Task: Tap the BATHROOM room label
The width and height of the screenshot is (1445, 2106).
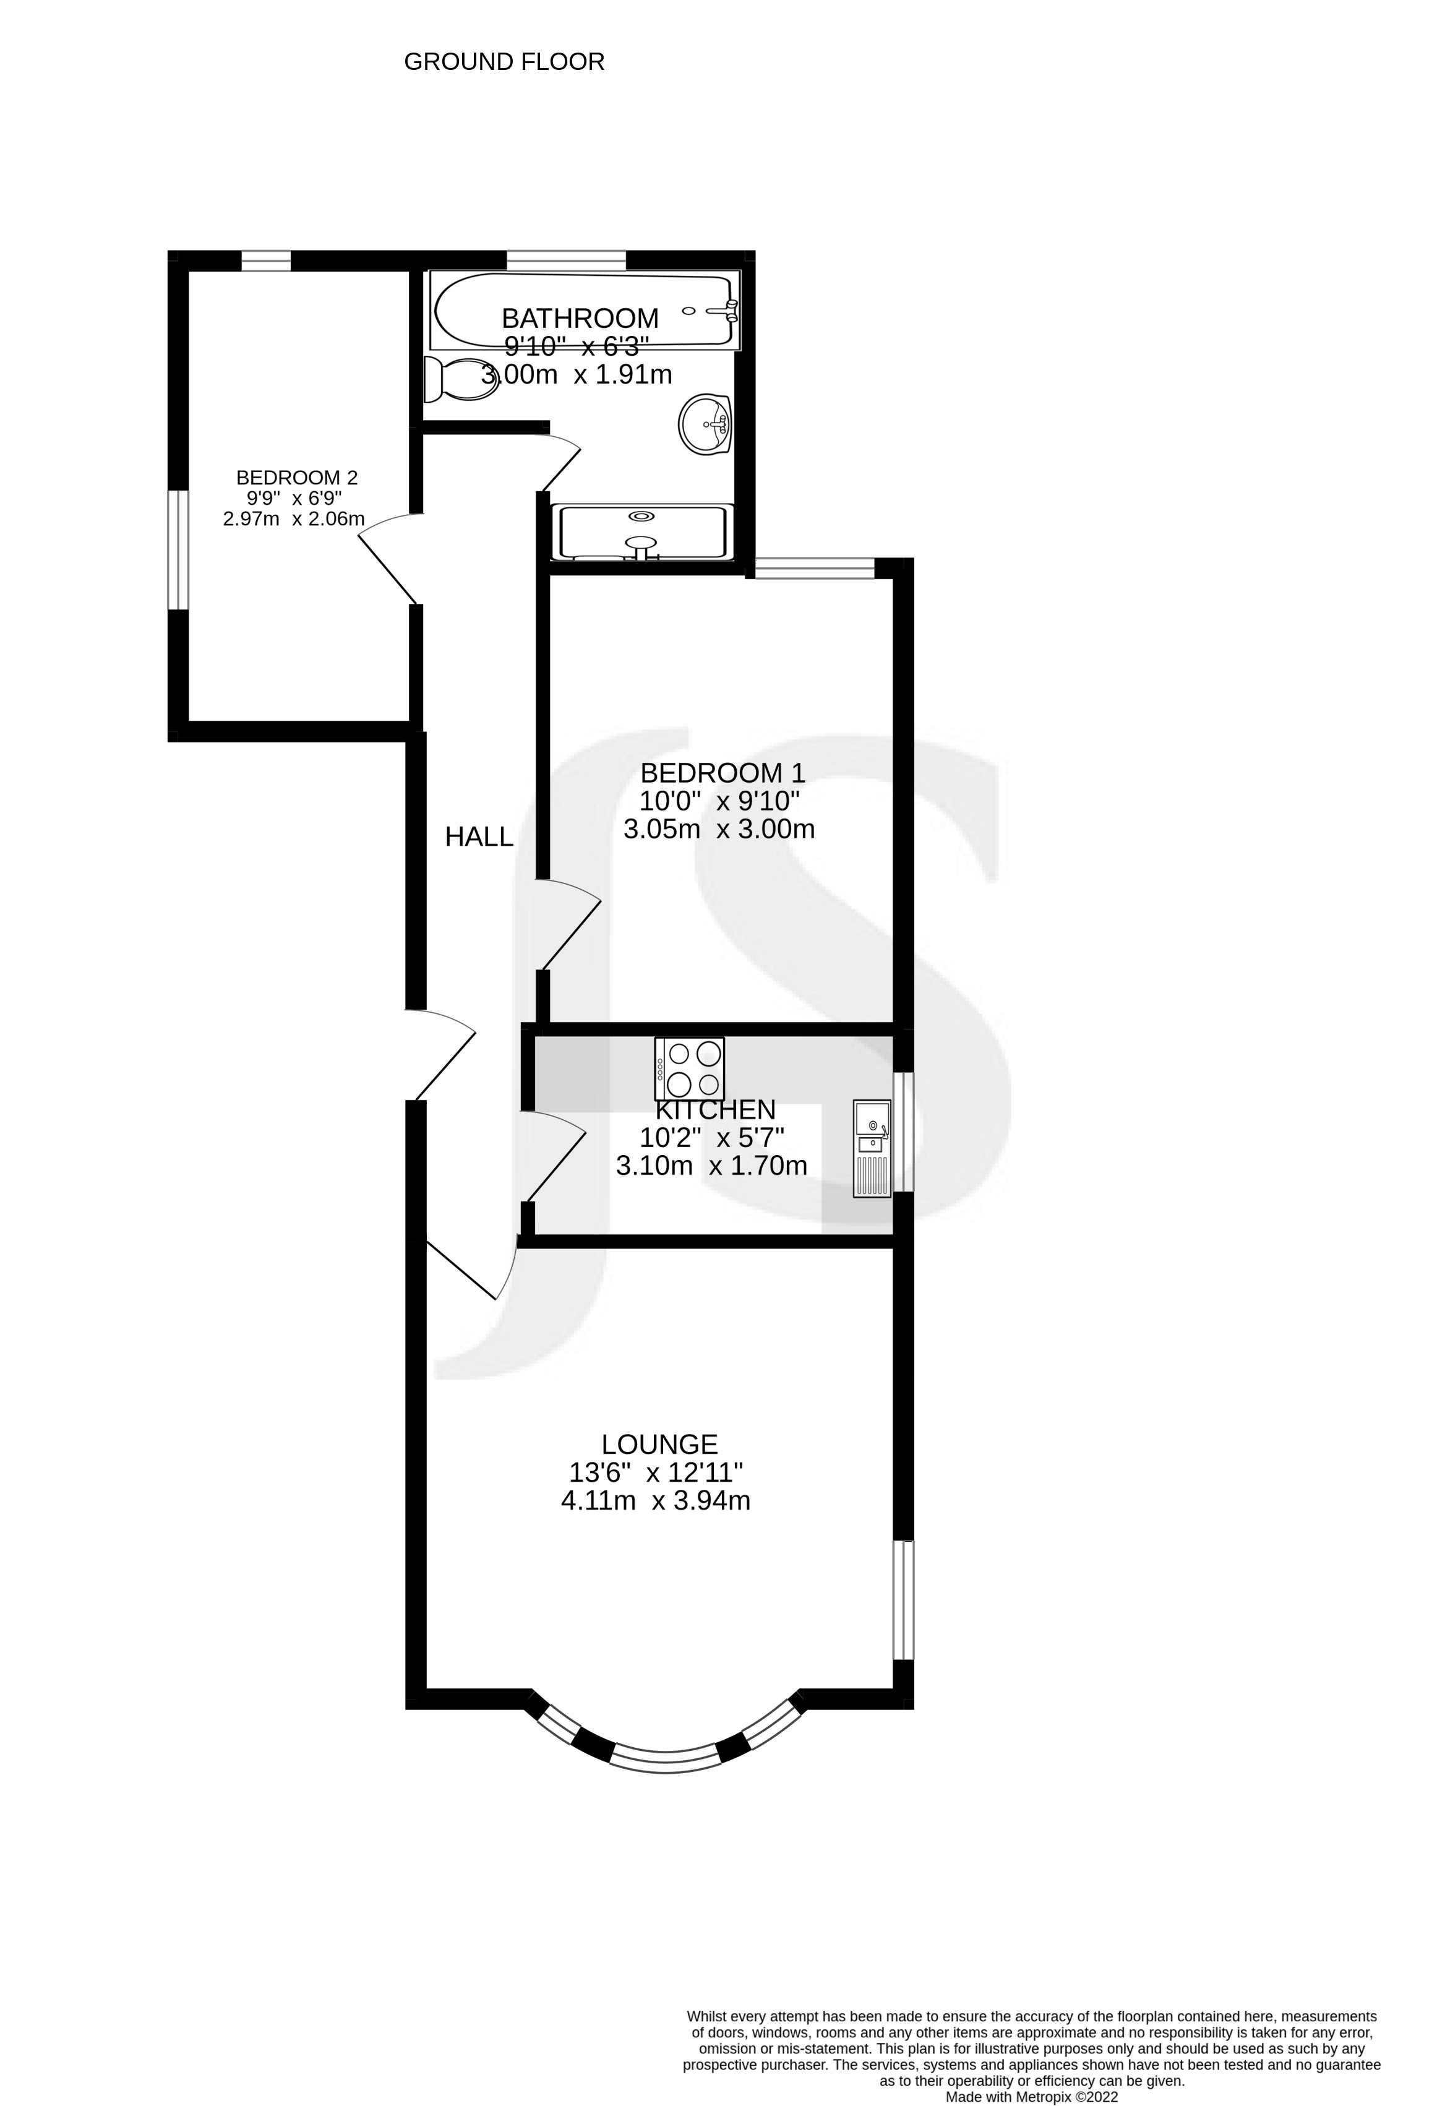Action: [580, 318]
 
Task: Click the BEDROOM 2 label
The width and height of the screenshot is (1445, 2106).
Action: [297, 478]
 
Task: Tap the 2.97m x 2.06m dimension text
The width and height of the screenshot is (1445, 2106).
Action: [294, 519]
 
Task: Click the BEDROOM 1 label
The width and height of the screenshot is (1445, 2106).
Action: [722, 773]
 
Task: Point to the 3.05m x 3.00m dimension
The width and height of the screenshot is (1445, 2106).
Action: [719, 829]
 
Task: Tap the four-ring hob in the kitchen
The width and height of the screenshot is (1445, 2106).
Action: [690, 1068]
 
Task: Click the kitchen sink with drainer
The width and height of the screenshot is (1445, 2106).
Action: [872, 1148]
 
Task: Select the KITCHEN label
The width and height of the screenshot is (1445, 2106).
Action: [715, 1110]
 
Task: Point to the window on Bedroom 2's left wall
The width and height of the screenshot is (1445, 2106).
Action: [179, 549]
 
